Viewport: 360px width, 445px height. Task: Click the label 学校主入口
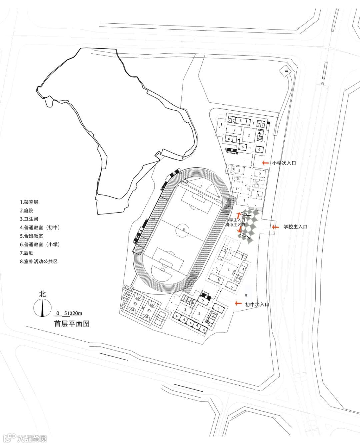pos(295,227)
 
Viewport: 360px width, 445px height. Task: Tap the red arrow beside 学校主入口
pos(275,227)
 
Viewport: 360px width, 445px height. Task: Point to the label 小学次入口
pos(284,163)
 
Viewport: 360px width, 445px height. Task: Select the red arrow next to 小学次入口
pos(265,163)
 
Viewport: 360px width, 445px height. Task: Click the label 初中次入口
pos(257,304)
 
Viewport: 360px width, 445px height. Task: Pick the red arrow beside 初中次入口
pos(238,303)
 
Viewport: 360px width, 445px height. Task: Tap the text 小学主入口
pos(235,220)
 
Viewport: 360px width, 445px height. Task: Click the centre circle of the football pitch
pos(183,229)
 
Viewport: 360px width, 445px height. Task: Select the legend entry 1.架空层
pos(29,202)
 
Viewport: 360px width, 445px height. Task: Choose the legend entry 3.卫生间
pos(29,219)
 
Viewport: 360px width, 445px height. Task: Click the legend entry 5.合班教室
pos(31,236)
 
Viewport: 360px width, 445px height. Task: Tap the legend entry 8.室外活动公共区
pos(39,261)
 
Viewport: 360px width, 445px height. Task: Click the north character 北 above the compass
pos(42,294)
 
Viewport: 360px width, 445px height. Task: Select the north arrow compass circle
pos(42,308)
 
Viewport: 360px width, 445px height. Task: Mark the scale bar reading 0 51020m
pos(69,314)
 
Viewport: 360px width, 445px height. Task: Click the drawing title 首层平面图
pos(72,323)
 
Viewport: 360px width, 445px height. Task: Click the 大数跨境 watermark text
pos(32,438)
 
